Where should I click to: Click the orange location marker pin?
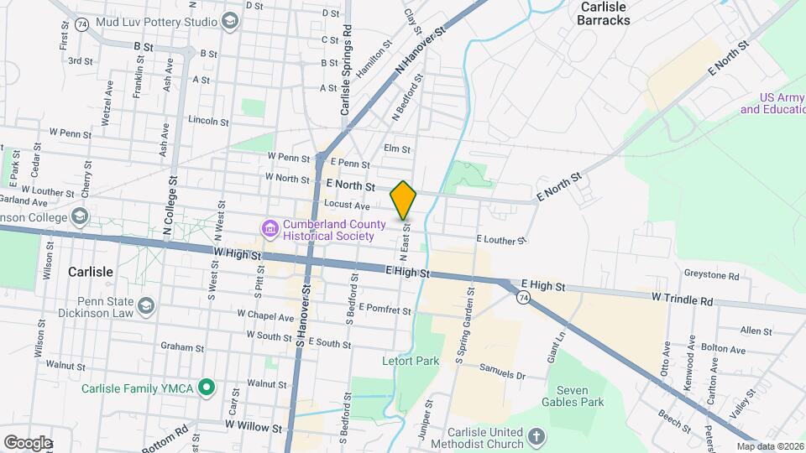click(404, 200)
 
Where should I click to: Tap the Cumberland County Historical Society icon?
click(270, 228)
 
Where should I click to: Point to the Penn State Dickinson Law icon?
click(147, 305)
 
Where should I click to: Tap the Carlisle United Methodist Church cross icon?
click(537, 437)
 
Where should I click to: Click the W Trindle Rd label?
click(683, 299)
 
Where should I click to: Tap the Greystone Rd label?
click(711, 275)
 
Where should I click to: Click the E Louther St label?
click(500, 240)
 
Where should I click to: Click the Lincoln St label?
click(208, 121)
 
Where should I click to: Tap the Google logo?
click(28, 442)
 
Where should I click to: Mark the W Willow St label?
click(253, 427)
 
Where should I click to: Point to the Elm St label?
click(396, 149)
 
